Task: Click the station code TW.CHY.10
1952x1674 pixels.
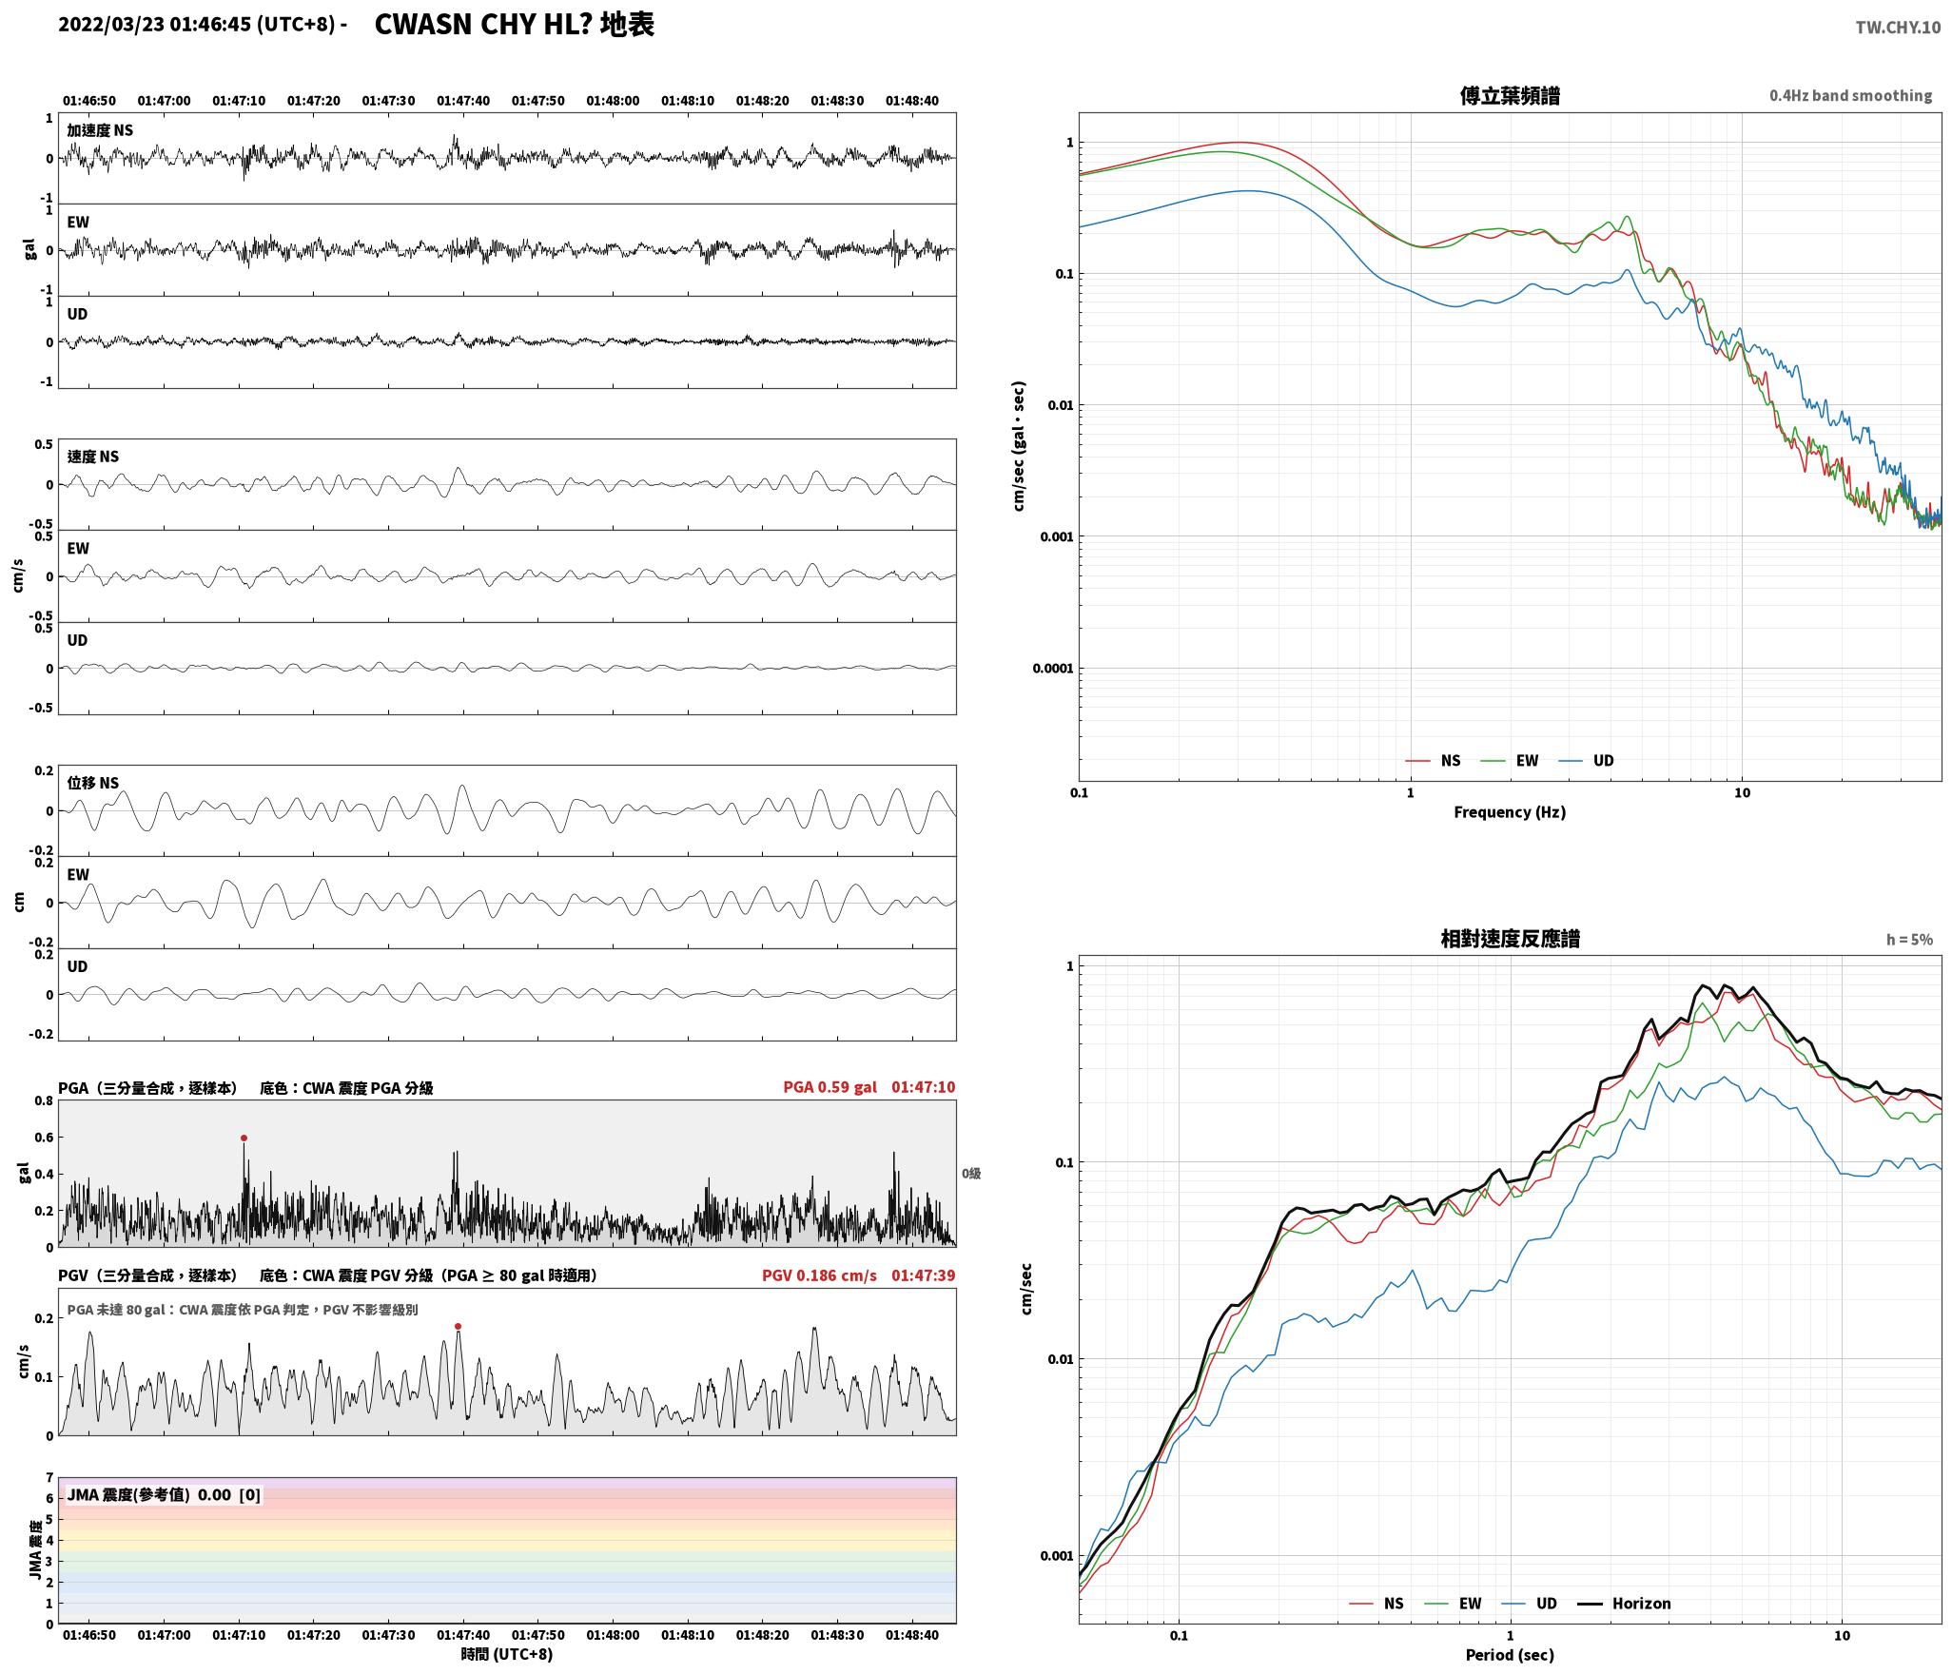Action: [x=1897, y=28]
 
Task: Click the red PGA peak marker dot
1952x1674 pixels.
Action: [x=244, y=1138]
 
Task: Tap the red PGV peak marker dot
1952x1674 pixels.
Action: [x=458, y=1326]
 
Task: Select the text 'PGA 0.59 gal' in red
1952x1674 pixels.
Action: [x=830, y=1087]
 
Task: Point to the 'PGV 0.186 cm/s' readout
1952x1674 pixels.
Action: [x=819, y=1275]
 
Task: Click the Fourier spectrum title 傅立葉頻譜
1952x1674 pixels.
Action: [x=1510, y=96]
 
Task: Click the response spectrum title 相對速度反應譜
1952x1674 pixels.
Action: [x=1510, y=939]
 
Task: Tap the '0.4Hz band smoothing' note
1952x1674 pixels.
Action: [x=1850, y=96]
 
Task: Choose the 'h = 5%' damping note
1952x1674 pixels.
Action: [x=1909, y=940]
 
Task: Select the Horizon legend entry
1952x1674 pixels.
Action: [x=1625, y=1604]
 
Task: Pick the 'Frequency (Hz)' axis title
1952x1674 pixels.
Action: [x=1510, y=811]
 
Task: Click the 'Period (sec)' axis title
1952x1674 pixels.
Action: [x=1510, y=1655]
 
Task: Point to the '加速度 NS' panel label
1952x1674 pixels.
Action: [x=100, y=130]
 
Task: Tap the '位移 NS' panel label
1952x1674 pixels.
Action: [x=92, y=783]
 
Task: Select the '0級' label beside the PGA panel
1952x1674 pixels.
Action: [x=970, y=1174]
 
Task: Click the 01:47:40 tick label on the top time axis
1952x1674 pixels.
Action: [x=463, y=101]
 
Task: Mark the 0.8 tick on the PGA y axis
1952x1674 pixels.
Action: [x=44, y=1101]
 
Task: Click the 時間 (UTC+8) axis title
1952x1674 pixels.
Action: [x=507, y=1654]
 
